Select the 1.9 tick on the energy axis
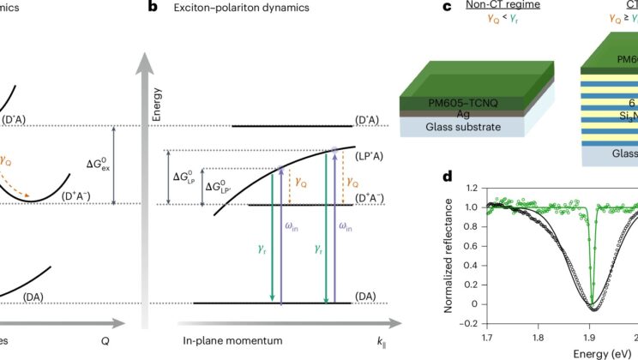[x=591, y=334]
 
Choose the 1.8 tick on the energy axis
[x=537, y=334]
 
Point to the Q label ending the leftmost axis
[x=105, y=341]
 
